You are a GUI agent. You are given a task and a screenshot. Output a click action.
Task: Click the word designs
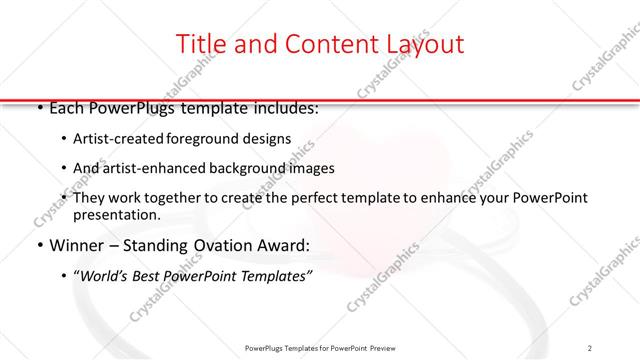tap(269, 139)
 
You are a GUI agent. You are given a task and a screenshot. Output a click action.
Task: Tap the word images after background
tap(311, 168)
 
